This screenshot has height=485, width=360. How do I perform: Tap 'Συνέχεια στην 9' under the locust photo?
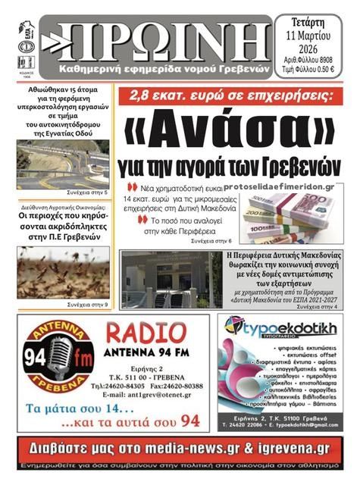pos(87,304)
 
